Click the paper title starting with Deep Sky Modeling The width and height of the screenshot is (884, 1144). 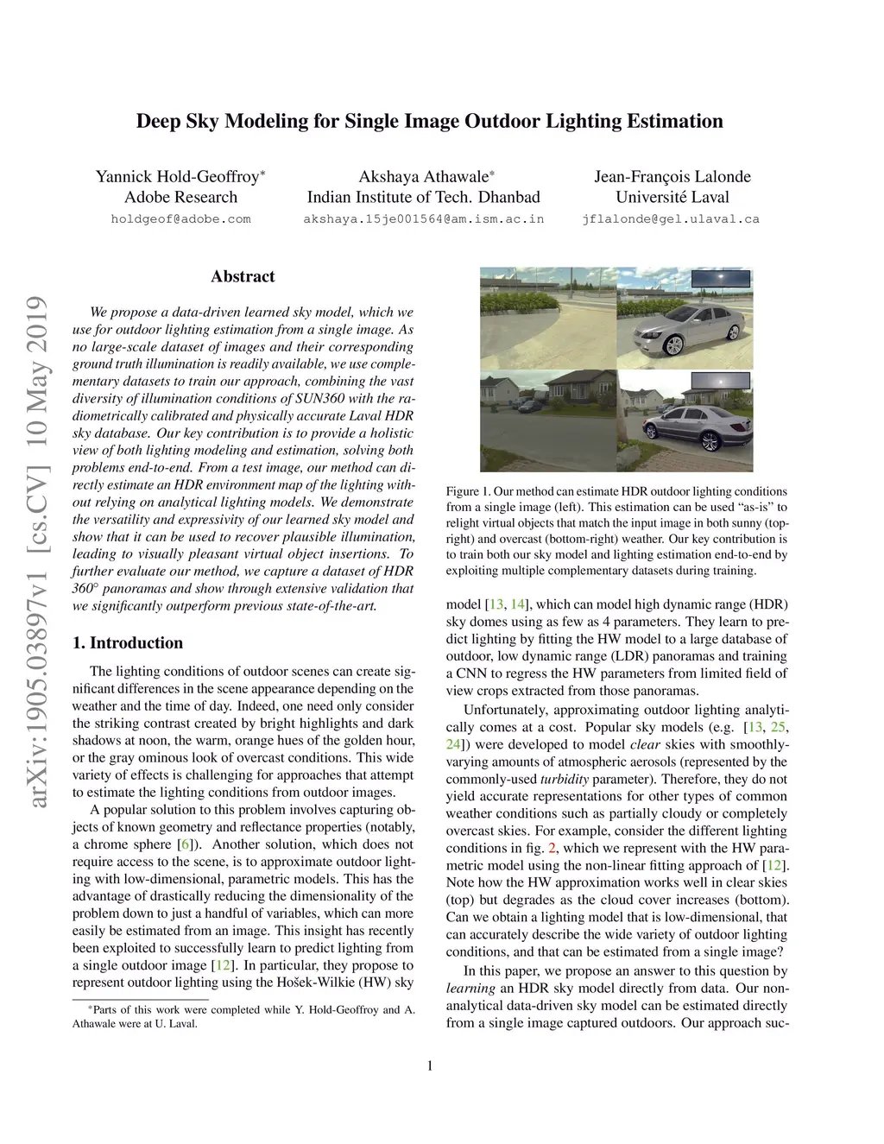click(x=429, y=121)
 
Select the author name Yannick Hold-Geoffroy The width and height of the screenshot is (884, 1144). click(x=177, y=177)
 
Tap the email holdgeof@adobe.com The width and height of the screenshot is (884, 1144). click(x=180, y=219)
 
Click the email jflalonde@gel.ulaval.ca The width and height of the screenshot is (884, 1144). click(x=671, y=219)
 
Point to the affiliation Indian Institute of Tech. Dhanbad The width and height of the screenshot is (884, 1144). click(x=423, y=198)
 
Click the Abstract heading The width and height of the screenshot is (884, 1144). click(x=243, y=277)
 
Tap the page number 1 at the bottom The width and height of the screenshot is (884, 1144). click(x=429, y=1065)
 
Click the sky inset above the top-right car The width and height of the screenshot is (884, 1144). click(x=720, y=279)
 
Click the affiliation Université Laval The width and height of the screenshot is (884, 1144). click(x=672, y=198)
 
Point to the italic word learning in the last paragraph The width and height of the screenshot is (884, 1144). click(x=470, y=989)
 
